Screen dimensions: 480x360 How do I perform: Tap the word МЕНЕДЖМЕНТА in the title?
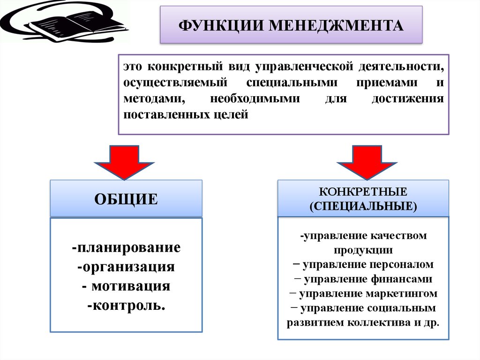336,25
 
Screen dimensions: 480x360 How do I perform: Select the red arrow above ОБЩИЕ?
124,162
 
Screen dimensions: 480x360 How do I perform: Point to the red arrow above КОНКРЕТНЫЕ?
367,162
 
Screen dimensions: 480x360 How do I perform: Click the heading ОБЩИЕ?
126,199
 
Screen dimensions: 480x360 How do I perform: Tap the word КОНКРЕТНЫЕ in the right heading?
363,191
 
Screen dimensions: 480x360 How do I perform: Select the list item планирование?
126,248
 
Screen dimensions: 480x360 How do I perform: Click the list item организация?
126,267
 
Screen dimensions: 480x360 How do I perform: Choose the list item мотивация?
126,286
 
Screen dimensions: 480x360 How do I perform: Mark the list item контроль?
126,306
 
